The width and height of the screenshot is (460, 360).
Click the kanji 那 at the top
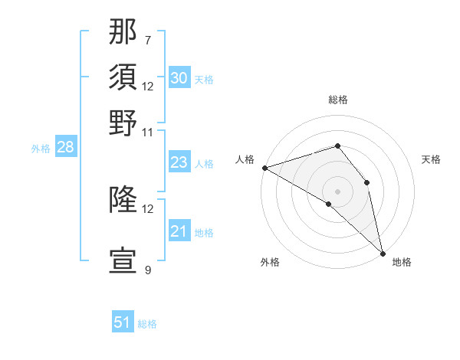(123, 34)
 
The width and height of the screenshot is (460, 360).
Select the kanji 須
(123, 78)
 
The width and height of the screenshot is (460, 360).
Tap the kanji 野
(123, 123)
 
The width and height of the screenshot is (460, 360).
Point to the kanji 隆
(123, 201)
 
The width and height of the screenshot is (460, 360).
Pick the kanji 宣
(123, 260)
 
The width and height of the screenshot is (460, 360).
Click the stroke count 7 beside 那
(147, 41)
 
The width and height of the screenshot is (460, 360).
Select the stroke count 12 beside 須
(148, 86)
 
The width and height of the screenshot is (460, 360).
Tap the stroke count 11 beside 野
(148, 131)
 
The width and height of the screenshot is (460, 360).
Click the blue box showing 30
(179, 78)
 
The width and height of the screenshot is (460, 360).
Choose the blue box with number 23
(179, 162)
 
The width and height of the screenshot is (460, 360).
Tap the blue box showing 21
(179, 231)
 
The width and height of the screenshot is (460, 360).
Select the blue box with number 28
(65, 148)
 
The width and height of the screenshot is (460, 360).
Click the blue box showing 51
(123, 322)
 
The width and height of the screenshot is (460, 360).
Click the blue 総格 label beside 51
(147, 324)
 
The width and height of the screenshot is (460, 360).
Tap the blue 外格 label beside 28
(41, 149)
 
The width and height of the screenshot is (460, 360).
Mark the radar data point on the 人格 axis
(264, 168)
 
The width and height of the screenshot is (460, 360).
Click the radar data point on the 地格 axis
(382, 252)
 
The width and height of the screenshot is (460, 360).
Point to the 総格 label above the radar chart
(338, 100)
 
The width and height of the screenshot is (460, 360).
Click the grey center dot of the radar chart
(337, 190)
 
